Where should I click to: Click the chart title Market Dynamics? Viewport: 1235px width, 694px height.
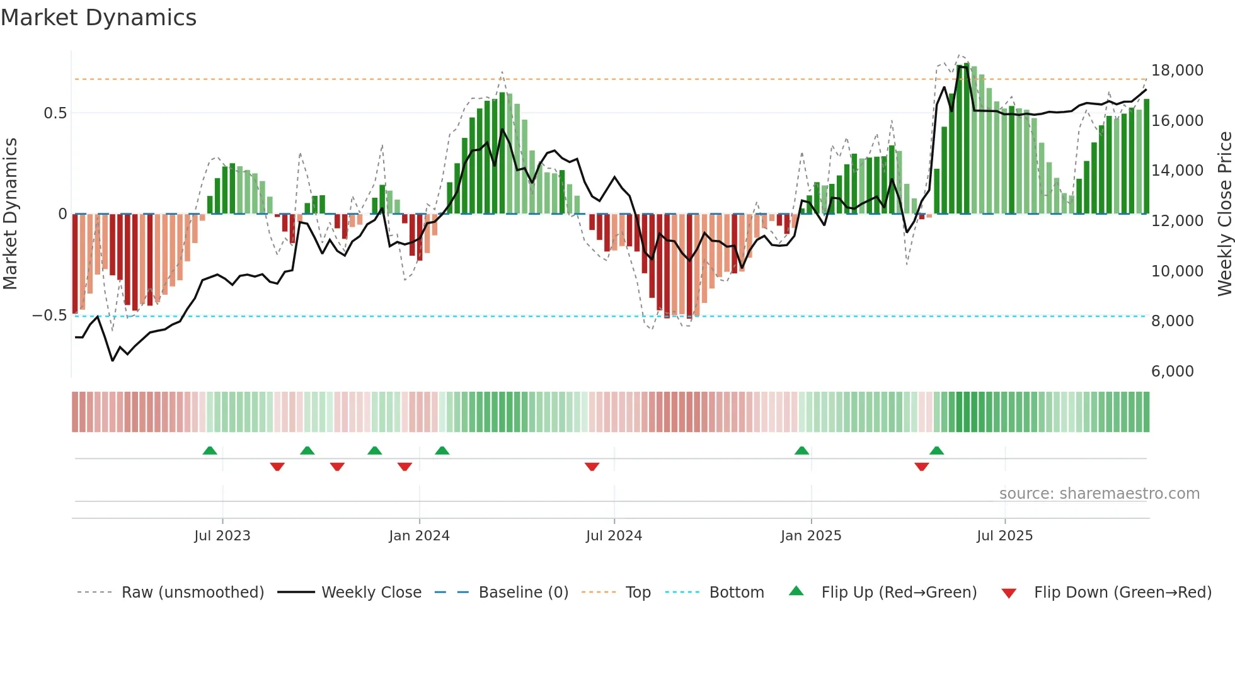click(99, 18)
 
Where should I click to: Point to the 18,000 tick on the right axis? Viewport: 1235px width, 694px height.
click(1177, 71)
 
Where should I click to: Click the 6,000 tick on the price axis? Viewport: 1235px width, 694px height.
click(1172, 372)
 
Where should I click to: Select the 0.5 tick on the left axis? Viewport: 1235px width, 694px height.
click(55, 113)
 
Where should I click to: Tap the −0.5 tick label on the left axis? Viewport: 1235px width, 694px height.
click(49, 316)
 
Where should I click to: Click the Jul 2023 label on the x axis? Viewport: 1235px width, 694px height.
click(222, 536)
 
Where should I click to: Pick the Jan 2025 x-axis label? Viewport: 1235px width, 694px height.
click(810, 536)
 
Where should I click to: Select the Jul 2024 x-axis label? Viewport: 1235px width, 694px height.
click(614, 536)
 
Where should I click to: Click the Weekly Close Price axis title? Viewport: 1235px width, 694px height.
click(1224, 214)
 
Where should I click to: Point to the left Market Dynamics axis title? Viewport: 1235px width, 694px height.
click(10, 214)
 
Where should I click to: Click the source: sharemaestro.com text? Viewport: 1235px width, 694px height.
click(1099, 494)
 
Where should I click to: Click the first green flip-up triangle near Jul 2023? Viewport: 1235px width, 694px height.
click(210, 450)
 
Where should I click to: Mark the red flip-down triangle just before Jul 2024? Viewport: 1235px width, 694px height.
click(592, 467)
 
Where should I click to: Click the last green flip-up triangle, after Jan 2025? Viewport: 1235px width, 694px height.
click(936, 450)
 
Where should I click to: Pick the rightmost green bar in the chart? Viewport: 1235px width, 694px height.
click(1146, 157)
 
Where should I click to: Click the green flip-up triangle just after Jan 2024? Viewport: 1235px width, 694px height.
click(442, 450)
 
